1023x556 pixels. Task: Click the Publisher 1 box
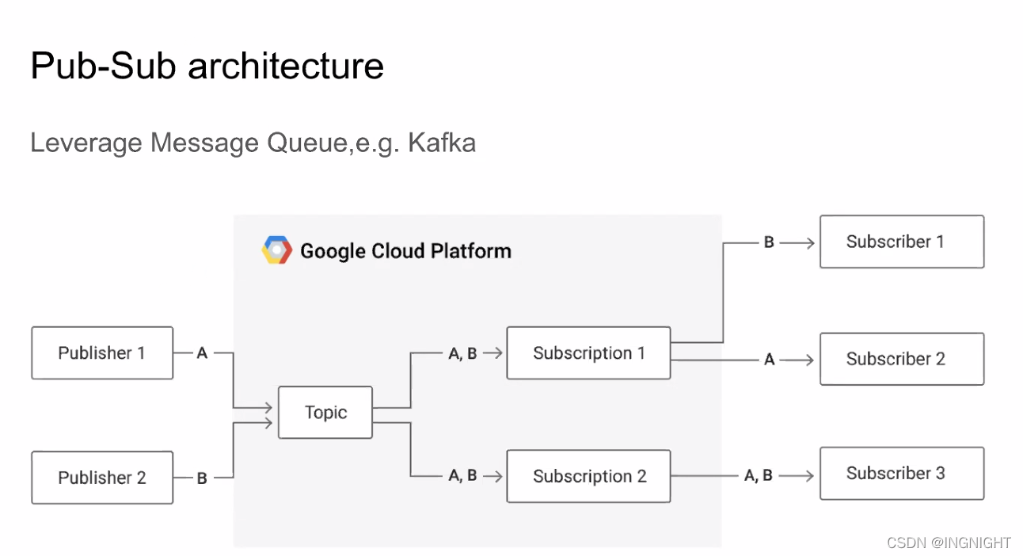[x=102, y=352]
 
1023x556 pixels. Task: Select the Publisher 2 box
[x=102, y=478]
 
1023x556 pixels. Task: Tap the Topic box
[x=325, y=413]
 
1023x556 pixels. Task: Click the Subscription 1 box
[x=588, y=352]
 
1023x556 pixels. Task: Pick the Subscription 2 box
[x=588, y=476]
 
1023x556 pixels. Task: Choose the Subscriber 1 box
[x=902, y=242]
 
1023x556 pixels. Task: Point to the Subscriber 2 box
[x=902, y=359]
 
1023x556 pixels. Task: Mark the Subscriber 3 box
[x=902, y=474]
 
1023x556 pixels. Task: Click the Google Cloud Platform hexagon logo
[x=277, y=250]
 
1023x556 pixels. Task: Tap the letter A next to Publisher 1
[x=203, y=353]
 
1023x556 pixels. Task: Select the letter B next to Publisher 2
[x=202, y=478]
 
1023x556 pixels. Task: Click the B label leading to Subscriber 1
[x=769, y=242]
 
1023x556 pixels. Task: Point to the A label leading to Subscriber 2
[x=770, y=360]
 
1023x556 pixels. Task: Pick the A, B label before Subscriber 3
[x=758, y=475]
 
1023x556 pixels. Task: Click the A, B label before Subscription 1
[x=462, y=353]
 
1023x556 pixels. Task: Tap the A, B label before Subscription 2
[x=462, y=475]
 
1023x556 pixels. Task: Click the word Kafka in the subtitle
[x=442, y=143]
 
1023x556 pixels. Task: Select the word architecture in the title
[x=286, y=66]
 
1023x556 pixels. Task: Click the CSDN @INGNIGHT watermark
[x=949, y=543]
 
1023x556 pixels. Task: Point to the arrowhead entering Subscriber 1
[x=810, y=243]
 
